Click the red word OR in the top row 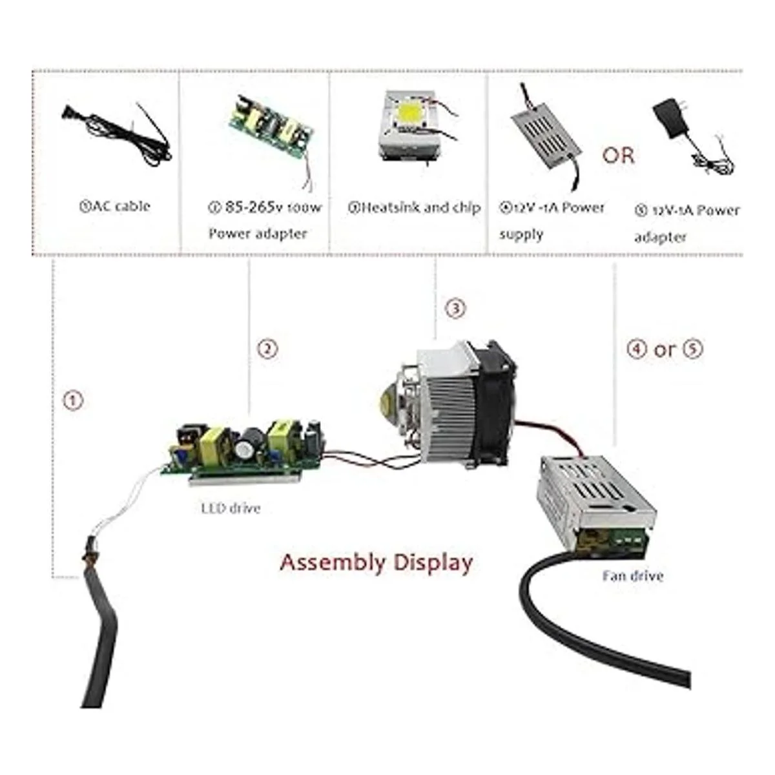(x=618, y=156)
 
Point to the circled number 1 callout (x=73, y=400)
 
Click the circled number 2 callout (x=267, y=349)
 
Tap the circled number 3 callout (x=455, y=308)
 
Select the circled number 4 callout (x=637, y=349)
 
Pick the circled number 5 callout (x=692, y=349)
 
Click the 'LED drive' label (x=231, y=508)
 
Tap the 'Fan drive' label (x=632, y=575)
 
